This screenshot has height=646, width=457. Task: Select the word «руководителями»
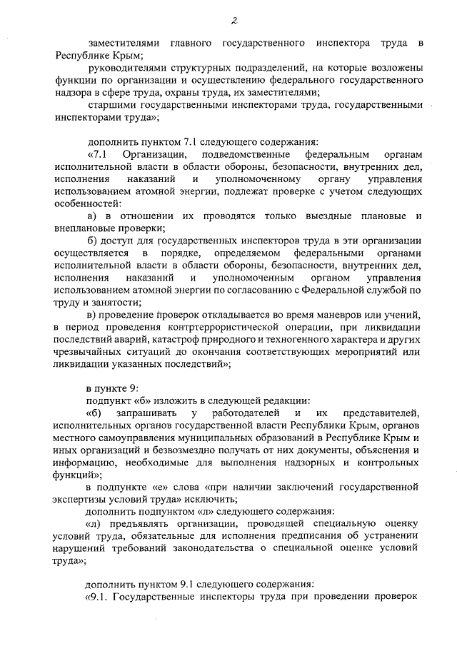[126, 68]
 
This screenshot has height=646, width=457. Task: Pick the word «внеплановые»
[87, 228]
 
